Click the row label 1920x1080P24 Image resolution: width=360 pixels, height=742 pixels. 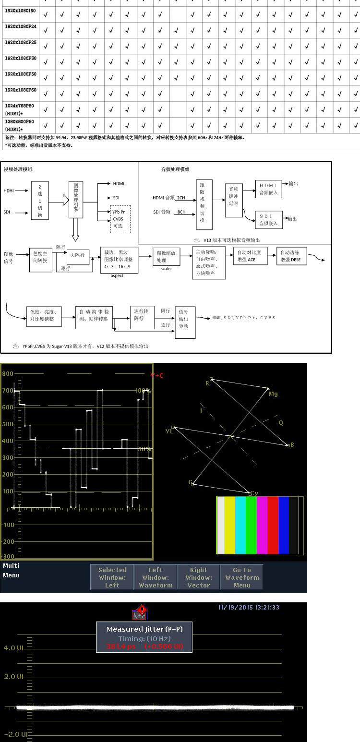[x=21, y=26]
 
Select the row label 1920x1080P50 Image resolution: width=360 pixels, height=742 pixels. [x=21, y=74]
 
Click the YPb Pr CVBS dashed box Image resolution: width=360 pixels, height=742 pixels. [x=120, y=219]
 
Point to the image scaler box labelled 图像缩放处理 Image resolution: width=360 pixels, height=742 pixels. [x=167, y=257]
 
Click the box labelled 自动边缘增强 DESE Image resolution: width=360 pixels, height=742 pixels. [x=292, y=256]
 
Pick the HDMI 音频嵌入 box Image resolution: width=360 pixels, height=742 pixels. [x=268, y=189]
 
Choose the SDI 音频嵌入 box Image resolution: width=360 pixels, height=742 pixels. [x=268, y=220]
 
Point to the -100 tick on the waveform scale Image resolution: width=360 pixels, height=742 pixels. [x=8, y=525]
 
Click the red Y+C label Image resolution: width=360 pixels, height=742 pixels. [x=157, y=375]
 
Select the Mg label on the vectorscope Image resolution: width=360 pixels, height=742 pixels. [x=273, y=394]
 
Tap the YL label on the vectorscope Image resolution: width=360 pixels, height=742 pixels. [x=169, y=431]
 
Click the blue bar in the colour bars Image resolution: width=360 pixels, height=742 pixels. [x=284, y=525]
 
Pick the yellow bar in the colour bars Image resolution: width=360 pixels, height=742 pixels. [x=229, y=525]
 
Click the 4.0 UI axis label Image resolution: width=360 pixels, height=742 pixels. [x=13, y=648]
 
